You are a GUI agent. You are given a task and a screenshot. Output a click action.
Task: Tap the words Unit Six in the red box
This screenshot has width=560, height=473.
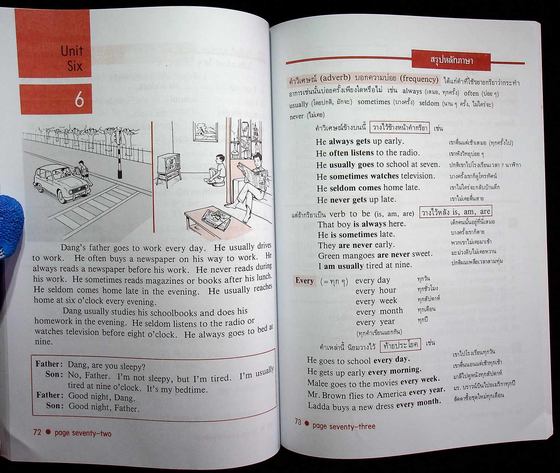coord(72,58)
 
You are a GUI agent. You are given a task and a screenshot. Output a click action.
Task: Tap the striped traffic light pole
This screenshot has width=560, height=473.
coord(119,155)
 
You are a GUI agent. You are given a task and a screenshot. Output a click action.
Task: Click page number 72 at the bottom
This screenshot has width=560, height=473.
coord(37,432)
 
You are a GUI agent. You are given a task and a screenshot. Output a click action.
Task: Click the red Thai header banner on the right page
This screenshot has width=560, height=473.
coord(451,59)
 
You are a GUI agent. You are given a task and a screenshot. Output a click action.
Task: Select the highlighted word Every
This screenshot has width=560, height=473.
coord(304,280)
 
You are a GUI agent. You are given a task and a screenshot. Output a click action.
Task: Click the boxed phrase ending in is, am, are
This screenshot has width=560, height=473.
coord(456,212)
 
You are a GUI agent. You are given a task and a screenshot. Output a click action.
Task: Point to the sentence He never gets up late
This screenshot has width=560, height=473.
coord(356,200)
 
